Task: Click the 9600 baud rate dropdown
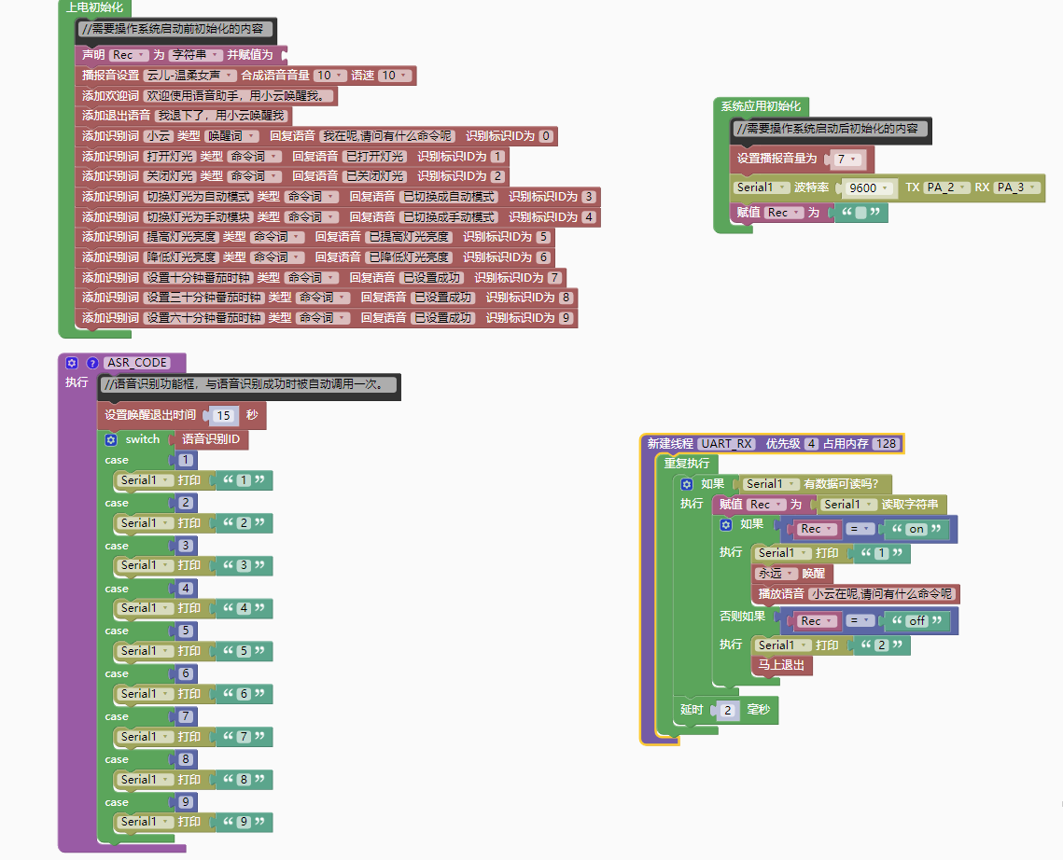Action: pyautogui.click(x=868, y=187)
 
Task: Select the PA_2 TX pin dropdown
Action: pyautogui.click(x=946, y=187)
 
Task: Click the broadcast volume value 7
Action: pyautogui.click(x=846, y=159)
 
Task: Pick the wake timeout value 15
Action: pyautogui.click(x=223, y=415)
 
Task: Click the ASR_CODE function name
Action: pyautogui.click(x=137, y=362)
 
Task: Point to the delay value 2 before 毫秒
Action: pyautogui.click(x=728, y=711)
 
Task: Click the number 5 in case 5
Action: pyautogui.click(x=186, y=631)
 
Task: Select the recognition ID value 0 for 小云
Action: pyautogui.click(x=546, y=136)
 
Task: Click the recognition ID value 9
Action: pyautogui.click(x=566, y=318)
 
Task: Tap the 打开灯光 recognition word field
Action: pyautogui.click(x=169, y=157)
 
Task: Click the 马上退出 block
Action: pyautogui.click(x=782, y=665)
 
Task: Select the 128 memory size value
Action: pyautogui.click(x=887, y=444)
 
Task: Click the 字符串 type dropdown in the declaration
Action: pyautogui.click(x=195, y=55)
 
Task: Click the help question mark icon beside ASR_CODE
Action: pyautogui.click(x=92, y=362)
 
